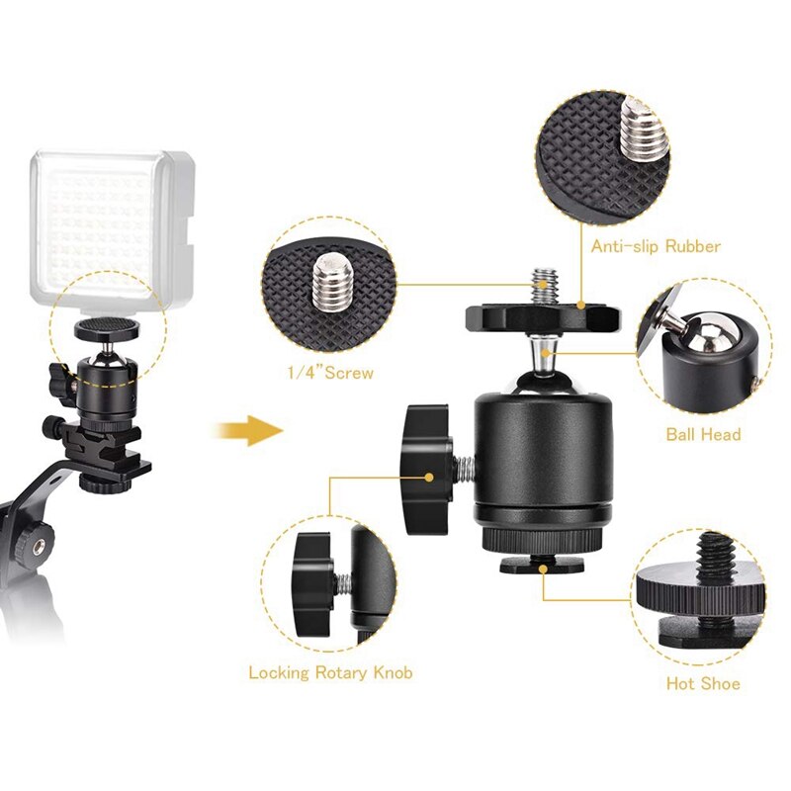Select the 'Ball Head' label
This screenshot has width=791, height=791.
click(703, 434)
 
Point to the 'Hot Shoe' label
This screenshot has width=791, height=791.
click(703, 683)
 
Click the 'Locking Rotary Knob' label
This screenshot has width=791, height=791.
click(330, 673)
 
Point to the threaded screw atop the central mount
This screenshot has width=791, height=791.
click(542, 287)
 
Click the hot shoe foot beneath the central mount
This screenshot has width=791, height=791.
click(543, 564)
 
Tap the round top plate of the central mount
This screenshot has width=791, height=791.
click(543, 318)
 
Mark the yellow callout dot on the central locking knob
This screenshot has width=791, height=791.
click(431, 476)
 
